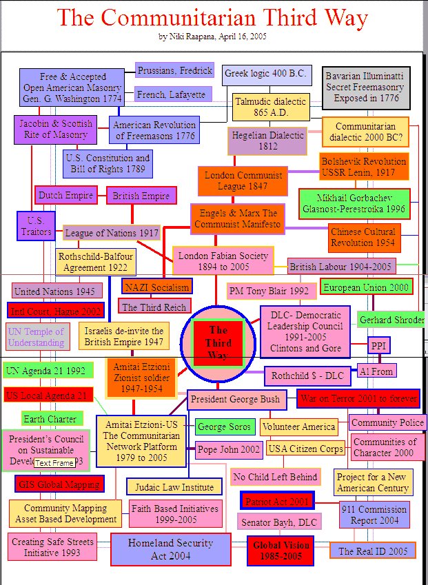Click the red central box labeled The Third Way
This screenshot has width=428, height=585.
click(x=218, y=342)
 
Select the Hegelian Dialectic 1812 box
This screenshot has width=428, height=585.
click(x=267, y=141)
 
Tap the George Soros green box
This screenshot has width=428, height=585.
click(x=223, y=427)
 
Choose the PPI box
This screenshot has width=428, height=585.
click(x=378, y=345)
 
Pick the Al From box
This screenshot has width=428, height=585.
click(x=376, y=371)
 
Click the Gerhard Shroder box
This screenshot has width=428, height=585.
click(x=389, y=320)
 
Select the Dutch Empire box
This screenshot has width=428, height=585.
click(x=65, y=196)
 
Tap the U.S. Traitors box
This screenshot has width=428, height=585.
click(x=36, y=226)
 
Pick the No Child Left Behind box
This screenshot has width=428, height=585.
click(x=275, y=477)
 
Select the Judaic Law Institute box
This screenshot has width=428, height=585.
click(x=174, y=486)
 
